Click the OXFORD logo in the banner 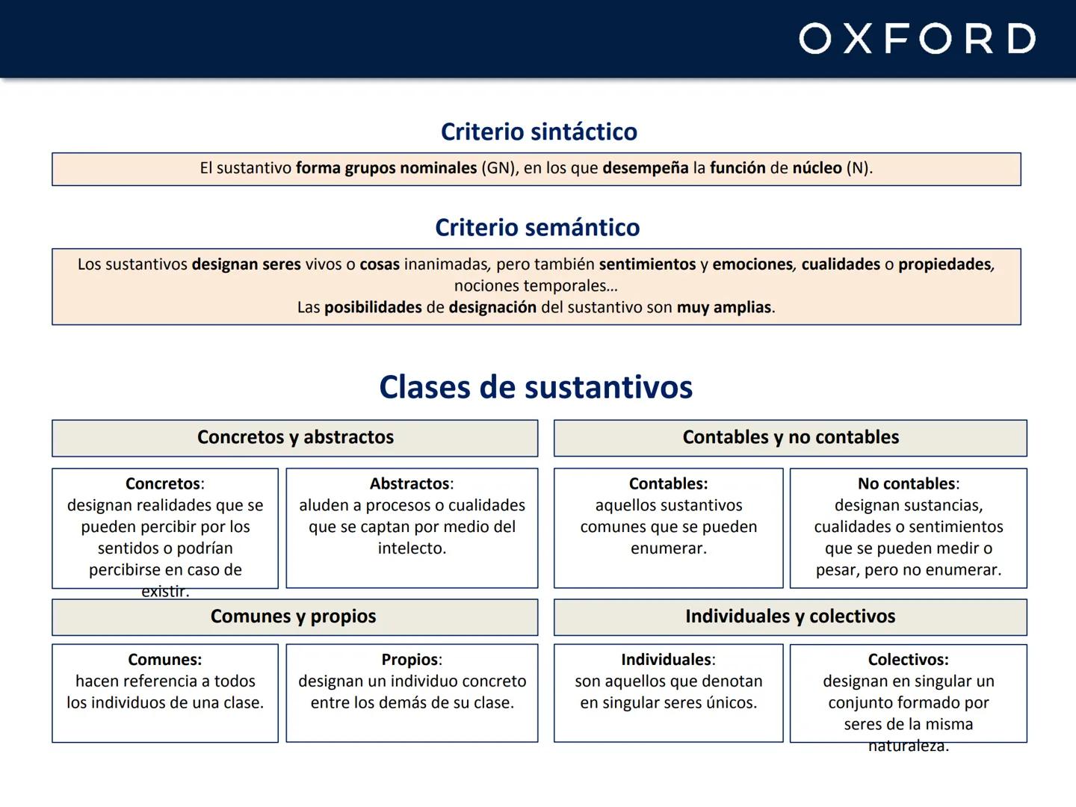point(917,39)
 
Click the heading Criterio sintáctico point(539,132)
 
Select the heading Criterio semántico point(537,227)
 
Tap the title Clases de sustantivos point(536,387)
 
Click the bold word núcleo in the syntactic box point(817,168)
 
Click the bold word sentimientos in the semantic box point(647,265)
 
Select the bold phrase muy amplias point(724,308)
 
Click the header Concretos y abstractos point(295,437)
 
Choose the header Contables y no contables point(791,437)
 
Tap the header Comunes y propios point(293,616)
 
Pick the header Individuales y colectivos point(790,616)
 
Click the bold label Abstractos point(409,484)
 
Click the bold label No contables point(906,484)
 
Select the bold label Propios point(409,660)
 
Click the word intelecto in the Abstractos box point(411,548)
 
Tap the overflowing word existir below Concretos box point(164,592)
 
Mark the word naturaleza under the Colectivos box point(907,746)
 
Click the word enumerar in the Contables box point(667,548)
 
